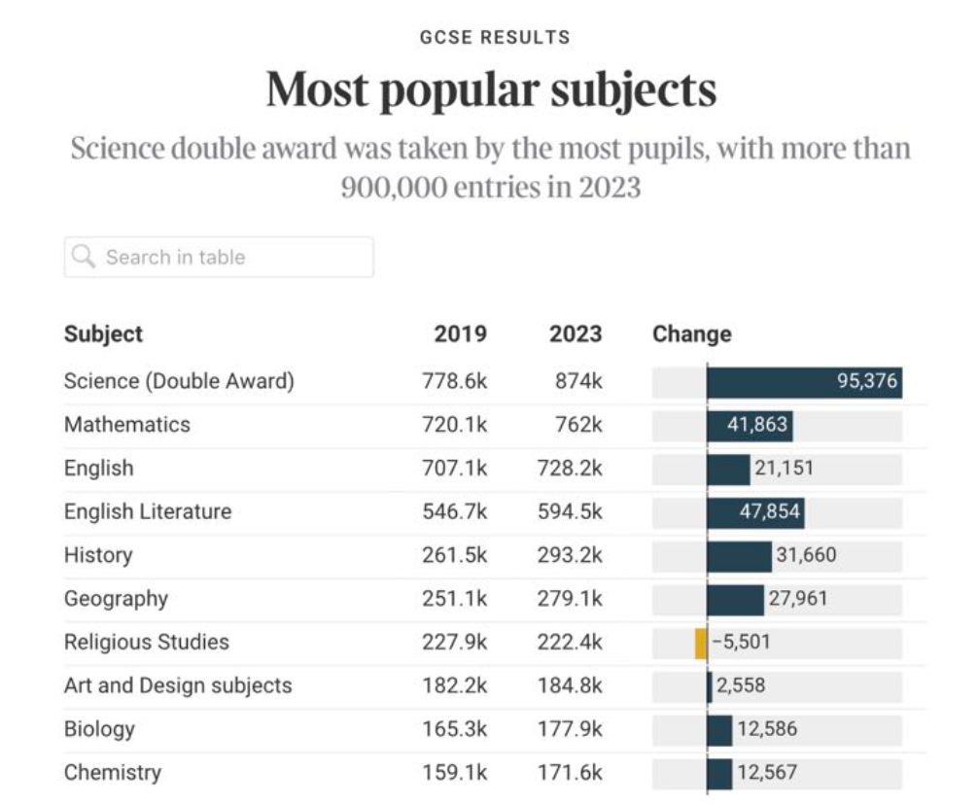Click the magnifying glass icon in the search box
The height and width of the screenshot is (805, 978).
85,257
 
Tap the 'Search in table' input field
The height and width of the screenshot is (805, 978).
219,258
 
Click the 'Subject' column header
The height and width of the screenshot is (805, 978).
103,334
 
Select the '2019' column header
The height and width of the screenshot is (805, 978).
460,334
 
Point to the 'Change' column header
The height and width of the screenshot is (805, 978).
691,334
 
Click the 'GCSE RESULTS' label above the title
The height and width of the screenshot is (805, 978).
495,38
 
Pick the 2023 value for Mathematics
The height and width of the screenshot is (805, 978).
578,425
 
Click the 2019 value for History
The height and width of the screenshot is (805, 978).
454,555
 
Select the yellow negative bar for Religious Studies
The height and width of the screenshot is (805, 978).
701,643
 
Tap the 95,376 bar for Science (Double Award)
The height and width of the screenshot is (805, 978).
804,381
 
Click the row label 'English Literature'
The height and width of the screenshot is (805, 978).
148,511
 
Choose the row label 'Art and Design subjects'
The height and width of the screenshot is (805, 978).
178,685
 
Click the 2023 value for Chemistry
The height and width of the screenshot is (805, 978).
570,773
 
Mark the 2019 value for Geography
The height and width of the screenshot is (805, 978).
454,599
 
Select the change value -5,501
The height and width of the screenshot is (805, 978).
741,643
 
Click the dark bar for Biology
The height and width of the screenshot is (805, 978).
719,729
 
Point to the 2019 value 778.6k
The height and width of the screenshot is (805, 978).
454,381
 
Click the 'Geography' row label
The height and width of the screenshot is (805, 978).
116,599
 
